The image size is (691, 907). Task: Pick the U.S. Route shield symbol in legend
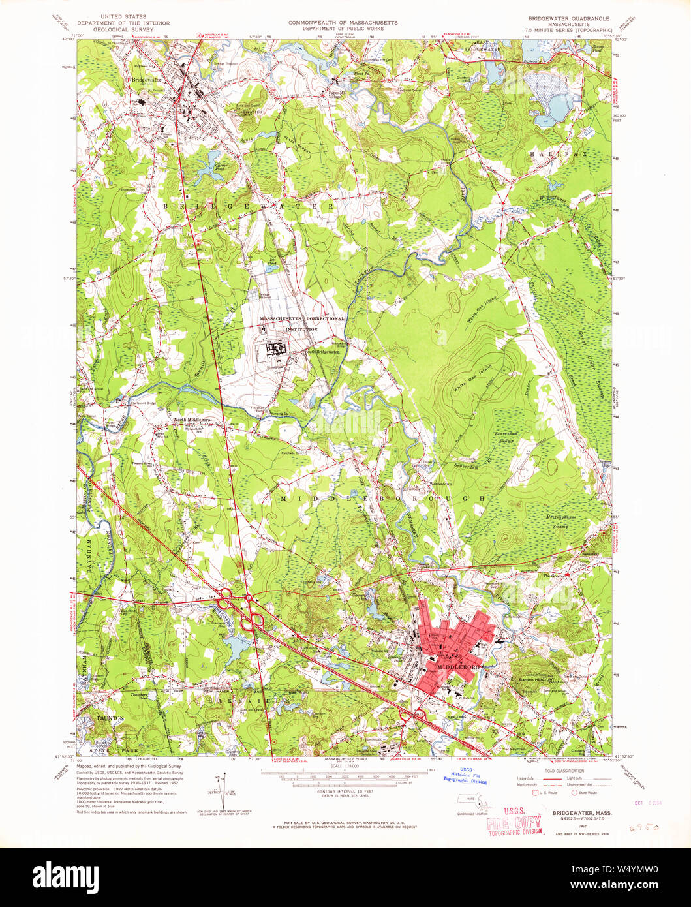point(536,792)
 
